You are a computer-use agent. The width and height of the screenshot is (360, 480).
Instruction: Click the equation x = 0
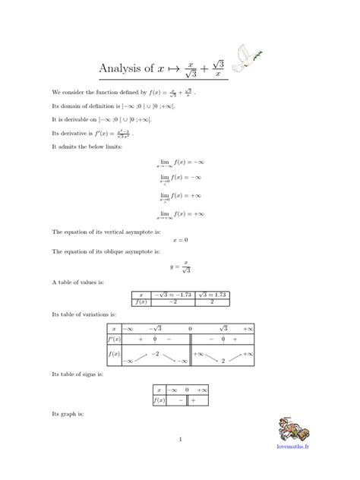click(180, 240)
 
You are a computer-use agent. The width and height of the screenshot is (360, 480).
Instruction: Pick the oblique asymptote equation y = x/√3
click(180, 267)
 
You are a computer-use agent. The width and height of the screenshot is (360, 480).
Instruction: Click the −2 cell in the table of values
click(172, 302)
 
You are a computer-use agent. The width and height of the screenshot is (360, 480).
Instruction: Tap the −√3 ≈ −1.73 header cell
click(172, 294)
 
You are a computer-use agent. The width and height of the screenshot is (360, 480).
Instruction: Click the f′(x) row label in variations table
click(114, 339)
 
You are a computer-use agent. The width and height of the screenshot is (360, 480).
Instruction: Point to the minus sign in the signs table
click(181, 399)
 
